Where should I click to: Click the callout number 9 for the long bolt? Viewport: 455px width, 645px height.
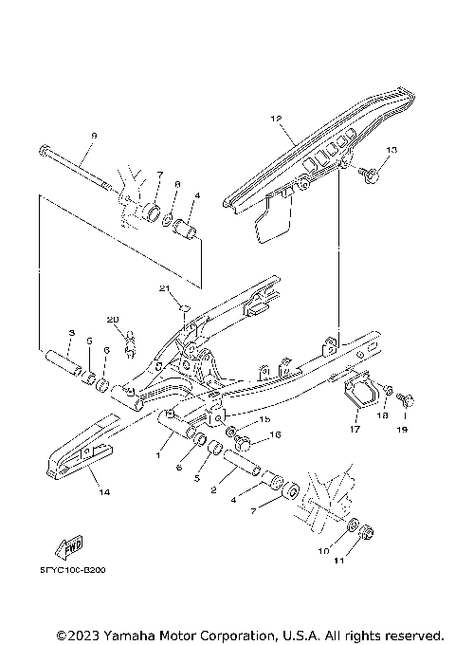(94, 137)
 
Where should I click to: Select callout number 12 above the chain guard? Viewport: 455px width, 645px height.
(277, 119)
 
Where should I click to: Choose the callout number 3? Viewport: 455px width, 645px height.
(71, 333)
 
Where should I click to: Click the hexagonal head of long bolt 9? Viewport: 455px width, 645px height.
(45, 150)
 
